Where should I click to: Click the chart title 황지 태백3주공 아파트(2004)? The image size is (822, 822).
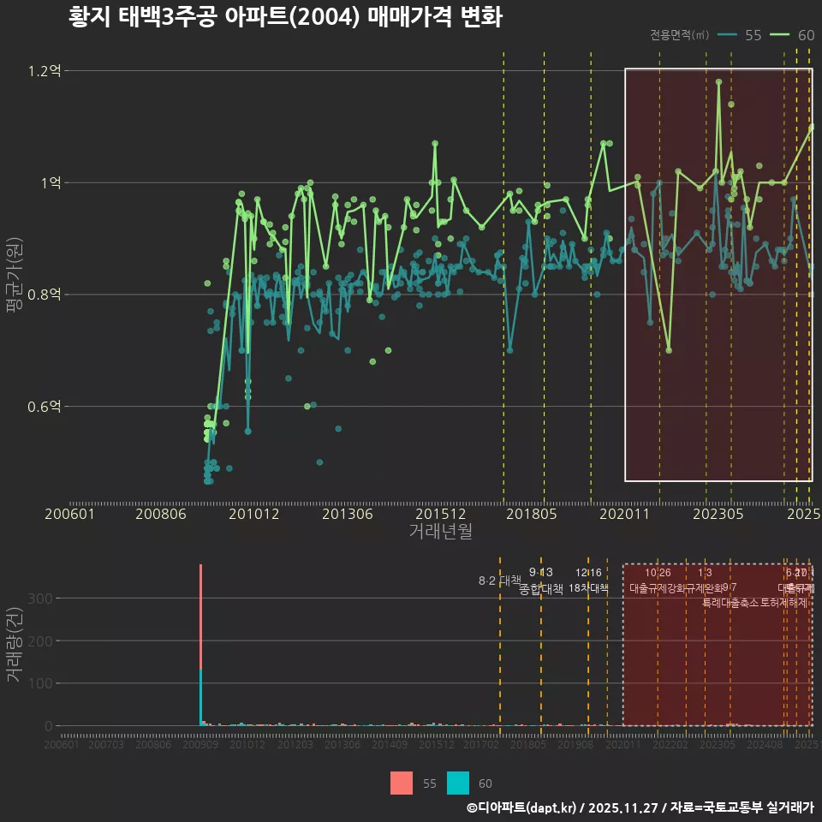(x=284, y=18)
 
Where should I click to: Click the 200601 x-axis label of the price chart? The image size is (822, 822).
(x=69, y=515)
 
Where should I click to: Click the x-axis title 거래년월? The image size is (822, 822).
(x=440, y=532)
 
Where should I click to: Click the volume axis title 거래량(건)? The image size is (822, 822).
(x=14, y=645)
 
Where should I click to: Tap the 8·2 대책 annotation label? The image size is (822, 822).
(x=499, y=581)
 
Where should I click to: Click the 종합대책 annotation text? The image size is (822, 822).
(x=540, y=589)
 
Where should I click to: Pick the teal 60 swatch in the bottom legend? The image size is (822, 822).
(x=458, y=783)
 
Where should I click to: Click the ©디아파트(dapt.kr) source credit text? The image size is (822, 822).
(x=521, y=807)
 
